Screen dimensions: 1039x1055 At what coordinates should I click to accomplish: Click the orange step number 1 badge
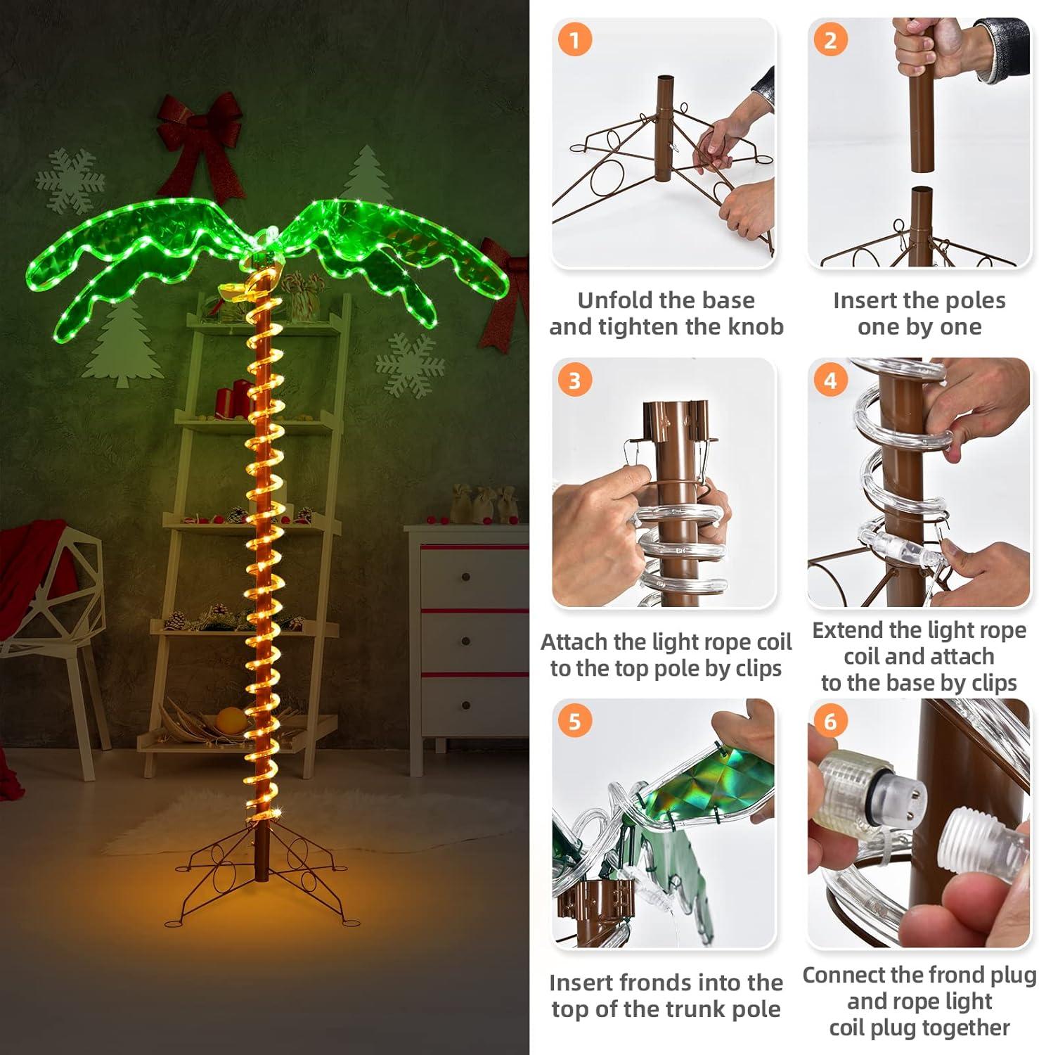(x=574, y=40)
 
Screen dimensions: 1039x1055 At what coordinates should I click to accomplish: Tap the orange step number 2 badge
(x=830, y=40)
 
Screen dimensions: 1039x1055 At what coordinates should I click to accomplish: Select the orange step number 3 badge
(x=574, y=381)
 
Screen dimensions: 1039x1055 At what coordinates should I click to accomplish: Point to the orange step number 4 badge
(x=830, y=381)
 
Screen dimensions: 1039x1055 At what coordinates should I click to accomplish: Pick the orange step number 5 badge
(x=574, y=722)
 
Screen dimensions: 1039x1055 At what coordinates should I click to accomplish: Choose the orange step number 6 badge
(x=830, y=722)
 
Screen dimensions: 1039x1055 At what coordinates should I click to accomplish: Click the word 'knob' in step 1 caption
(x=756, y=327)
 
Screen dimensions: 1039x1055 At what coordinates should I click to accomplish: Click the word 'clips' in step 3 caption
(x=758, y=668)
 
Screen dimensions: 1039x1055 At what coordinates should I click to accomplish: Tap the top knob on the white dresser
(x=466, y=577)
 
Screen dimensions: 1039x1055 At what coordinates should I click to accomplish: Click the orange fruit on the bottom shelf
(x=230, y=720)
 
